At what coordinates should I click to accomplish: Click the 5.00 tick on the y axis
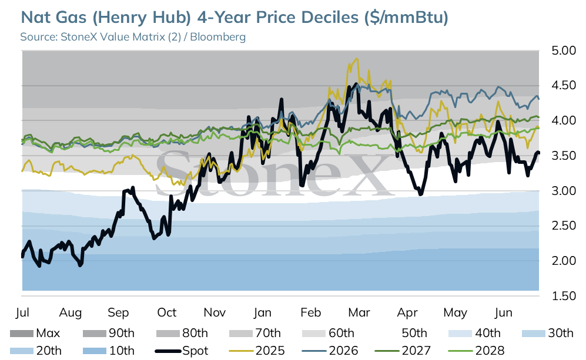pyautogui.click(x=564, y=51)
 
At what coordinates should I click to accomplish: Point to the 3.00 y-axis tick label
pyautogui.click(x=564, y=191)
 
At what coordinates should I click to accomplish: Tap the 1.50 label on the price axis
pyautogui.click(x=564, y=296)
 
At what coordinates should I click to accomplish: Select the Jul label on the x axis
pyautogui.click(x=22, y=312)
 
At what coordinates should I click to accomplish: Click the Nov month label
pyautogui.click(x=215, y=312)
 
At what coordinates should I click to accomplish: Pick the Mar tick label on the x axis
pyautogui.click(x=359, y=312)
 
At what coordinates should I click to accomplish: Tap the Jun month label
pyautogui.click(x=503, y=312)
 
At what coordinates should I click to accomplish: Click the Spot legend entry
pyautogui.click(x=182, y=351)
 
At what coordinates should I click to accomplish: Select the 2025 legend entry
pyautogui.click(x=257, y=351)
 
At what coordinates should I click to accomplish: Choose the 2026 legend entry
pyautogui.click(x=330, y=351)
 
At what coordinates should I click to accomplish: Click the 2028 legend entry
pyautogui.click(x=476, y=351)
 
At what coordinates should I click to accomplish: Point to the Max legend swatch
pyautogui.click(x=21, y=333)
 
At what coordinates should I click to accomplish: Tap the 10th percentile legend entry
pyautogui.click(x=108, y=351)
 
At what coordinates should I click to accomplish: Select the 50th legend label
pyautogui.click(x=414, y=333)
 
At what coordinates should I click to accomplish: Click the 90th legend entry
pyautogui.click(x=108, y=333)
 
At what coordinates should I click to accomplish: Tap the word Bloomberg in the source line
pyautogui.click(x=218, y=36)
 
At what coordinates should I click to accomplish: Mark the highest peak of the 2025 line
pyautogui.click(x=357, y=59)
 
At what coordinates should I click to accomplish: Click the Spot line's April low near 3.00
pyautogui.click(x=421, y=194)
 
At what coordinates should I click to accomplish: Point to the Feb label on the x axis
pyautogui.click(x=310, y=312)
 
